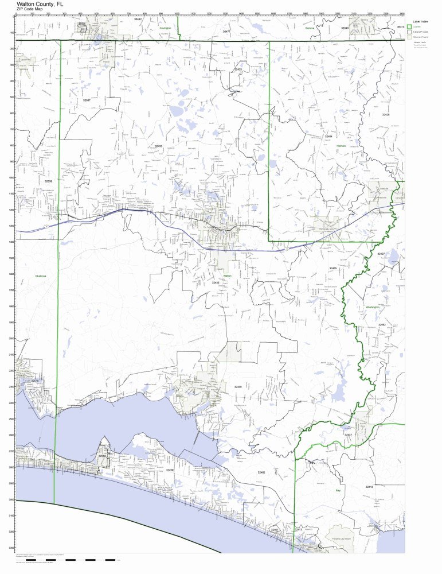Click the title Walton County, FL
[40, 3]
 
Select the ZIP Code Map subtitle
[29, 9]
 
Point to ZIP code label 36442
[138, 20]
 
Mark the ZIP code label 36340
[345, 28]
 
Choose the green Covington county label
[166, 28]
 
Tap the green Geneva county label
[310, 28]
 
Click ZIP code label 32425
[385, 115]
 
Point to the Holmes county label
[341, 146]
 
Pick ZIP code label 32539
[48, 181]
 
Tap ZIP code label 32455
[333, 268]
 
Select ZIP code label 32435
[216, 282]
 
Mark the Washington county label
[373, 308]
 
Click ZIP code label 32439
[238, 387]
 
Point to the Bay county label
[338, 491]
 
